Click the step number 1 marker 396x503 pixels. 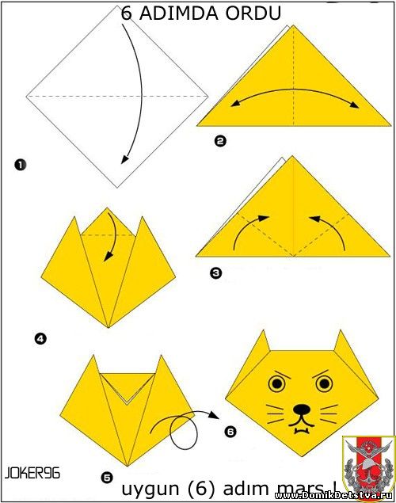[x=20, y=165]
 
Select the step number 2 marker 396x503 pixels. [x=220, y=141]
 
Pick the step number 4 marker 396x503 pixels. [x=40, y=338]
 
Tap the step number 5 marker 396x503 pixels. [x=107, y=478]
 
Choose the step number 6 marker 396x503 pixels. [x=230, y=432]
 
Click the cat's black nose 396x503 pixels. [x=302, y=410]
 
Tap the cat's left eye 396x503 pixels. [x=277, y=383]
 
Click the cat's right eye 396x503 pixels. [x=324, y=383]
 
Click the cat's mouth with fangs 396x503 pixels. [x=302, y=425]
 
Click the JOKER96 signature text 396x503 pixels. [x=32, y=473]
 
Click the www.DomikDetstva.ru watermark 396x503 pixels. [x=335, y=496]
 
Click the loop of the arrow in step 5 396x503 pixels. [x=184, y=432]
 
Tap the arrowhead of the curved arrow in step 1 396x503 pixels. [x=125, y=159]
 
